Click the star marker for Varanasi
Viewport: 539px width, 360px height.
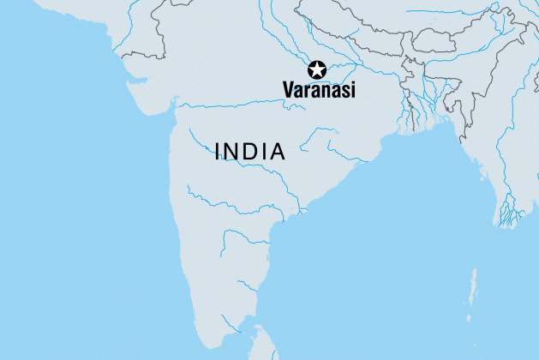tap(317, 70)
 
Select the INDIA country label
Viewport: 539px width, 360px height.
tap(250, 153)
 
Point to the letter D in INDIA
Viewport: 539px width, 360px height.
tap(251, 153)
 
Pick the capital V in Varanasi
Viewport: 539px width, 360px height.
tap(289, 89)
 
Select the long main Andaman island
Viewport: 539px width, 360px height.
tap(474, 286)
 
